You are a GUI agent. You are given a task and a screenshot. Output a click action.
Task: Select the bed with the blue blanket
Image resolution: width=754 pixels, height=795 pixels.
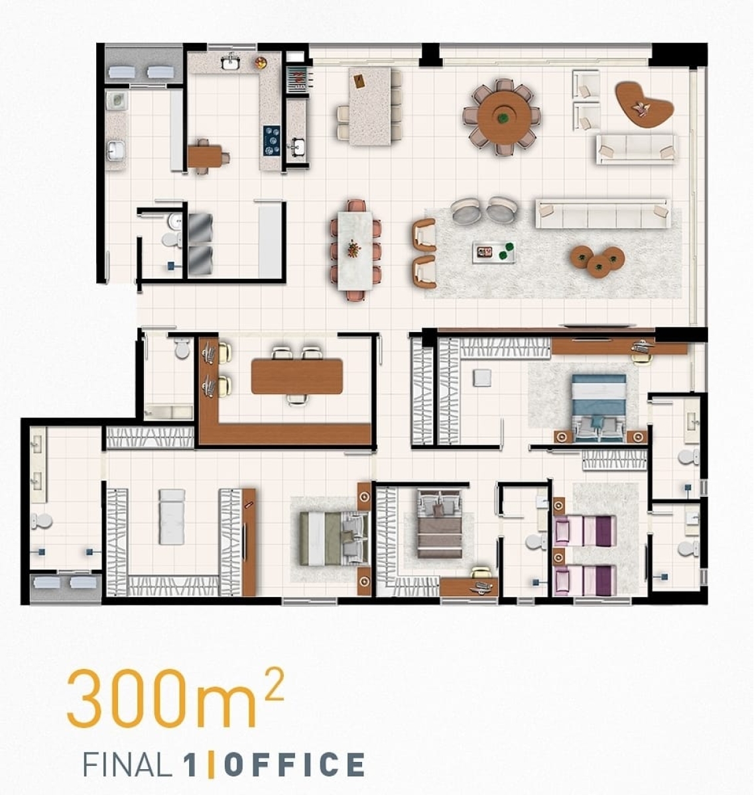tap(599, 406)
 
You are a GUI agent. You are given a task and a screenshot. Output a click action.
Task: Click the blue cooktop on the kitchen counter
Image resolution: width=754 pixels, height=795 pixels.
tap(272, 140)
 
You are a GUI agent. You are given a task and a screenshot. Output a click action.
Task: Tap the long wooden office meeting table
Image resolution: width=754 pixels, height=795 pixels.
tap(296, 376)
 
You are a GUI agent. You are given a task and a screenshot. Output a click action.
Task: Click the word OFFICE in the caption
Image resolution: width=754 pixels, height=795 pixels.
tap(294, 765)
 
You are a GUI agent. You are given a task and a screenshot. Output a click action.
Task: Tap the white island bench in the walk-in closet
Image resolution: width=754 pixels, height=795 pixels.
tap(172, 517)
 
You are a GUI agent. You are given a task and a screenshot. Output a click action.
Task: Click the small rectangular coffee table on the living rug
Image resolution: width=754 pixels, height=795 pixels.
tap(493, 252)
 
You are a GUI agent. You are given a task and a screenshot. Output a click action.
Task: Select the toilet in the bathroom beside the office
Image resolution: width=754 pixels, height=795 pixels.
tap(182, 349)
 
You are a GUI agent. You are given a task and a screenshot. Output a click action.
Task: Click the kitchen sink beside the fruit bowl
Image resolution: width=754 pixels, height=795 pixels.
tap(231, 62)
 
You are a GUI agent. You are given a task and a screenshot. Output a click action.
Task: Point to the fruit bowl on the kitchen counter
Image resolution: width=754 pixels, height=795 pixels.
tap(261, 63)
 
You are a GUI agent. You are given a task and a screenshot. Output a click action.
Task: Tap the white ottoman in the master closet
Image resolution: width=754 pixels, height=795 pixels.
tap(481, 378)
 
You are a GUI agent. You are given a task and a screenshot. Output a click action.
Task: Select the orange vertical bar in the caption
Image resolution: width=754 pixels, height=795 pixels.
tap(211, 765)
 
